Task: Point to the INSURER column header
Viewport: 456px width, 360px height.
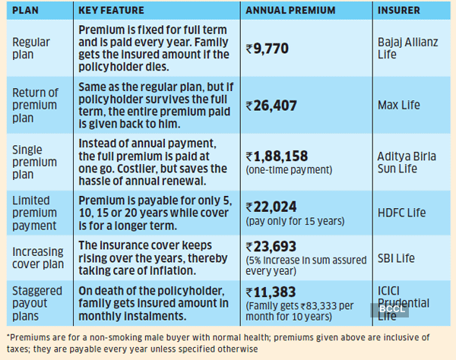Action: (x=401, y=11)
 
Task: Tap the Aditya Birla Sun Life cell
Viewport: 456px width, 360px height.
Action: (x=407, y=162)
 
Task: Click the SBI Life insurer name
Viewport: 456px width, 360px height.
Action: (x=396, y=258)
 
